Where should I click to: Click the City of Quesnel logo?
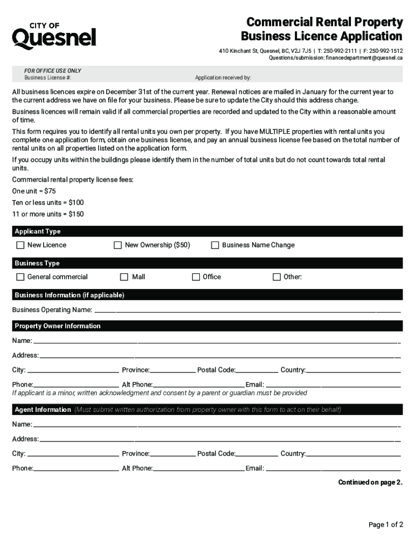pos(54,36)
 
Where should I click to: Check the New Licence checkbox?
pos(20,245)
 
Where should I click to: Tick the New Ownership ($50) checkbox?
pos(117,245)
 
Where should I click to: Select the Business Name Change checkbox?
pos(215,245)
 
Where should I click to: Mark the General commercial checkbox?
pos(20,277)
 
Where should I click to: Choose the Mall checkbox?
pos(123,277)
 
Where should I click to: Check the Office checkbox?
pos(196,277)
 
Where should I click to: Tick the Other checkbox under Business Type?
pos(277,277)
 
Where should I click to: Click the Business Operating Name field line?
pos(248,311)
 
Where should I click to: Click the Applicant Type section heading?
pos(38,231)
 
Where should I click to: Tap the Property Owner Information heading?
pos(58,326)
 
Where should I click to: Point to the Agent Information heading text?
pos(43,410)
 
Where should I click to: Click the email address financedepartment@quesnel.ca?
pos(364,58)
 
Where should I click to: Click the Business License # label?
pos(47,78)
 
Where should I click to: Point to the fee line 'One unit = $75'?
pos(34,191)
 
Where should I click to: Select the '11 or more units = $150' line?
pos(48,214)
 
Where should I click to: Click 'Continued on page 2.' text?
pos(370,482)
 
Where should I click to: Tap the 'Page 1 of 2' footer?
pos(385,525)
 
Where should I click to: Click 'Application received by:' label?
pos(223,78)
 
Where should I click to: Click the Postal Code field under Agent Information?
pos(257,454)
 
